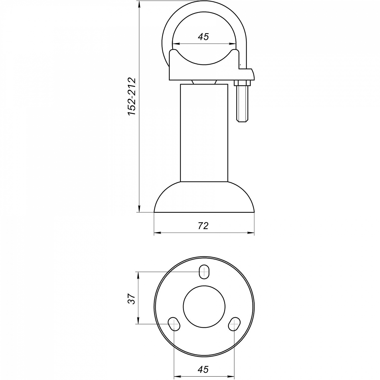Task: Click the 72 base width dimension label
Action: coord(203,225)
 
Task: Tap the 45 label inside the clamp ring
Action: coord(203,37)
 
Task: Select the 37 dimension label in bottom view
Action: coord(131,299)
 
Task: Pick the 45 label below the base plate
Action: coord(203,369)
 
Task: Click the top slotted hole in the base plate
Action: coord(204,272)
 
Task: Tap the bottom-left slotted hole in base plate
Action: coord(174,324)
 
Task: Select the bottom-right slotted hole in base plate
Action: coord(234,324)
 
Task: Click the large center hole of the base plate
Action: coord(204,306)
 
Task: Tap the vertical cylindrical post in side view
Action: coord(204,133)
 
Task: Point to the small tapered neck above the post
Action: coord(204,82)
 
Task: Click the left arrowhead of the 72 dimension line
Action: coord(156,232)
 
